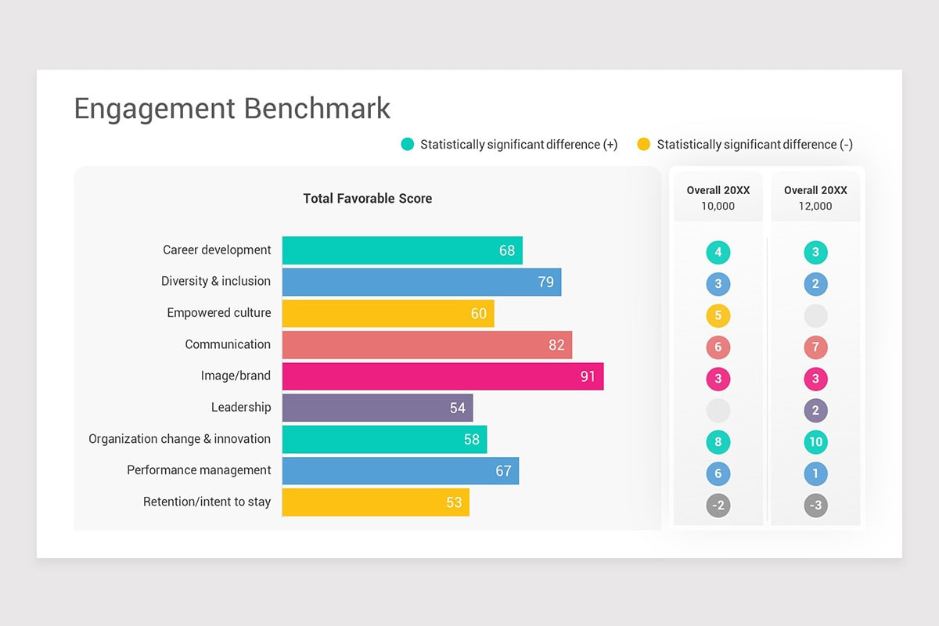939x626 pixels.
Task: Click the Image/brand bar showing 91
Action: click(442, 376)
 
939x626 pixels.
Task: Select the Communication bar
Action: click(426, 345)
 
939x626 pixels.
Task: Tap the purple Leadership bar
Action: click(377, 408)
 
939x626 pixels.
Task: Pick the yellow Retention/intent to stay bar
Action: click(376, 502)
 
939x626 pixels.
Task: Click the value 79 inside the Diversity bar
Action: click(545, 282)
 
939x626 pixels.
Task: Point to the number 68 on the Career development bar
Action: click(507, 250)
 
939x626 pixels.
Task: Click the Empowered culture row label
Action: click(218, 313)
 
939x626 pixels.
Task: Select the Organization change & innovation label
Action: click(179, 439)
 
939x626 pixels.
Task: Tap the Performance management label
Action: click(199, 470)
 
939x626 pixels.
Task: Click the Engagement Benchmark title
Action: click(232, 109)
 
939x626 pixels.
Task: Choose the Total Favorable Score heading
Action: click(367, 199)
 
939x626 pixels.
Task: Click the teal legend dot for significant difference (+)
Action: click(408, 144)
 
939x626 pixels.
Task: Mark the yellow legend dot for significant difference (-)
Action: click(643, 144)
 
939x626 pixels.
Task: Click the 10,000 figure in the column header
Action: click(718, 207)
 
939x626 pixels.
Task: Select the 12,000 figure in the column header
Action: click(815, 207)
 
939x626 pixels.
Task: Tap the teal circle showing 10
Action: click(815, 442)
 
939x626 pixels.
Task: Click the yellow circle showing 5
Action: click(718, 316)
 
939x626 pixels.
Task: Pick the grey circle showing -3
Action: click(815, 505)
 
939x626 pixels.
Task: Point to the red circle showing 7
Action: click(815, 347)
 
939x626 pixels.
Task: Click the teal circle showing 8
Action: click(718, 442)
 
